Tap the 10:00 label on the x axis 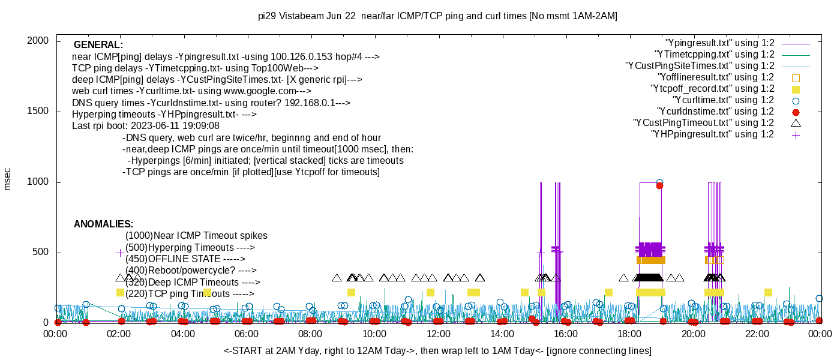374,334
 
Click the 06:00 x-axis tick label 247,334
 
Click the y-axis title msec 8,179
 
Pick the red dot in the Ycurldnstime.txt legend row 796,112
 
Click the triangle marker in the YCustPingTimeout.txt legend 796,123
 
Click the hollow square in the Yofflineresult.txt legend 796,77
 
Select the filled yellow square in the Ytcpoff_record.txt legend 796,89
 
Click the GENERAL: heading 98,45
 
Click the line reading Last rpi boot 146,126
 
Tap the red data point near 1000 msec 659,185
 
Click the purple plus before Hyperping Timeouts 120,253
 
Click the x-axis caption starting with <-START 437,350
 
